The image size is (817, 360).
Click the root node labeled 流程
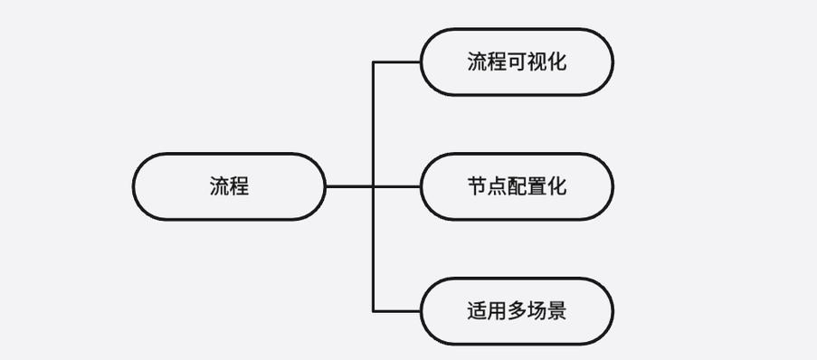[229, 186]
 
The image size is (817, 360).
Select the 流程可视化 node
[517, 62]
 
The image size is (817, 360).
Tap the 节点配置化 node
[517, 186]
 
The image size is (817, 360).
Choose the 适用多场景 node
[517, 311]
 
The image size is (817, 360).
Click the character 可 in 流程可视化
[518, 62]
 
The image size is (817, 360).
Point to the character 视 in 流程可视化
[537, 62]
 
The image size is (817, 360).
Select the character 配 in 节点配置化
[518, 186]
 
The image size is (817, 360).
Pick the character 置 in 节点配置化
[537, 186]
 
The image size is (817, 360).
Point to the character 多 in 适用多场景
[518, 311]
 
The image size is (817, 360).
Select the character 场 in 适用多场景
[537, 311]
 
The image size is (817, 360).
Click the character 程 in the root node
[239, 186]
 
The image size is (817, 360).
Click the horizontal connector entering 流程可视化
[397, 62]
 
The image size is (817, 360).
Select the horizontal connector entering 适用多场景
[397, 311]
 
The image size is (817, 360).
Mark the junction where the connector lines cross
[374, 186]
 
